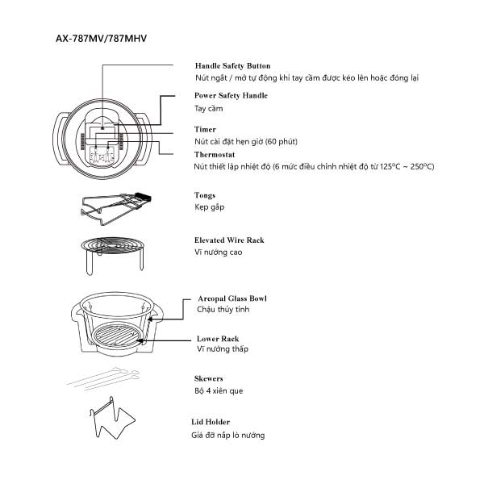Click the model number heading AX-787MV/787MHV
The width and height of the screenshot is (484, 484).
pyautogui.click(x=101, y=39)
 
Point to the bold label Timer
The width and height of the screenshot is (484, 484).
pyautogui.click(x=205, y=129)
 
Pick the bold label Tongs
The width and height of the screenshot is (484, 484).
pyautogui.click(x=205, y=195)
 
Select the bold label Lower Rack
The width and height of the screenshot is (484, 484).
pyautogui.click(x=218, y=339)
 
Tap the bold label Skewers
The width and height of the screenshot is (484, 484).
pyautogui.click(x=209, y=378)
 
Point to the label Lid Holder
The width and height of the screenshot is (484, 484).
pyautogui.click(x=212, y=422)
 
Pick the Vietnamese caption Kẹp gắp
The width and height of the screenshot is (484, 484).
pyautogui.click(x=210, y=207)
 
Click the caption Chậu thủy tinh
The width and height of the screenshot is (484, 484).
pyautogui.click(x=219, y=309)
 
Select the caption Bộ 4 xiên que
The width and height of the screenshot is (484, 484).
pyautogui.click(x=219, y=390)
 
